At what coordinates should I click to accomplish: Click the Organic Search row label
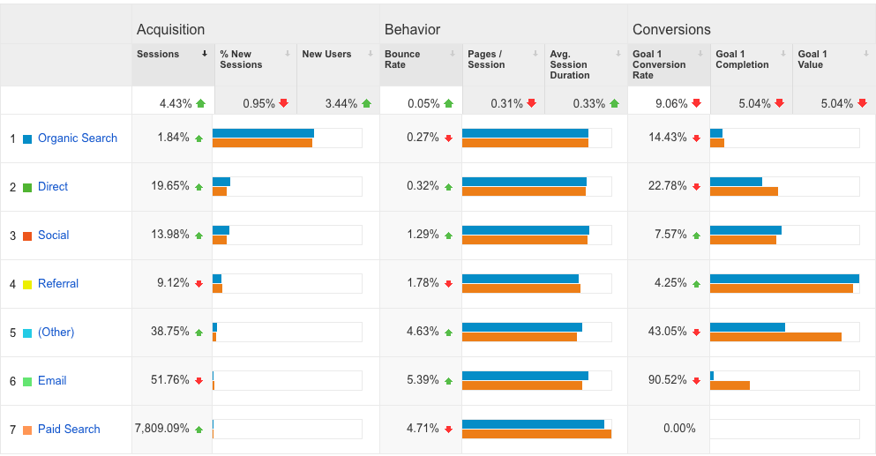(78, 138)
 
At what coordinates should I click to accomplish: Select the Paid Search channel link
(69, 430)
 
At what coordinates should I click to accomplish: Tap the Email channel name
(52, 381)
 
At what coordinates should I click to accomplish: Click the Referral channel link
(58, 284)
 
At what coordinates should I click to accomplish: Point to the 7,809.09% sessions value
(162, 430)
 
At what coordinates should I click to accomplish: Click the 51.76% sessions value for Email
(170, 381)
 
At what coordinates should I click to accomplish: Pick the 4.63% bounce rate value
(423, 333)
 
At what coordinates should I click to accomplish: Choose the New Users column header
(326, 55)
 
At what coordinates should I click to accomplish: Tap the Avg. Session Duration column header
(570, 64)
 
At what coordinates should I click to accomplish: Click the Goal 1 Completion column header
(742, 59)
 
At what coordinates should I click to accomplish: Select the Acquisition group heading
(170, 30)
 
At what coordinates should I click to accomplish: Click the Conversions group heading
(671, 30)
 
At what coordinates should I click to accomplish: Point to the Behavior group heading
(412, 30)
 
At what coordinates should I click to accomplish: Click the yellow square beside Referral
(27, 285)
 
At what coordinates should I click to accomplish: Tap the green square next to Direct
(27, 188)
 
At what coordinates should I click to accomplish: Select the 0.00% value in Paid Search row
(679, 430)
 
